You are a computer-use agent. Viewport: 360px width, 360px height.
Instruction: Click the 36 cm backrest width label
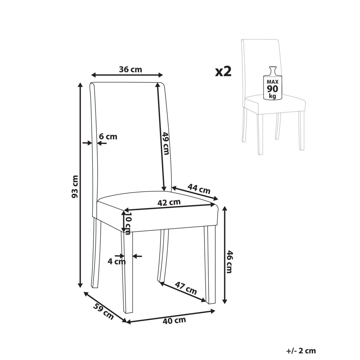point(130,70)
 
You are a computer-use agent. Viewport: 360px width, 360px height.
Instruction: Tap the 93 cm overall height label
point(75,187)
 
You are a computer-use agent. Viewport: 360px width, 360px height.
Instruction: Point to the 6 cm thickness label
point(108,137)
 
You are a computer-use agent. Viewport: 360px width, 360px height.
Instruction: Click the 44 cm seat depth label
point(199,189)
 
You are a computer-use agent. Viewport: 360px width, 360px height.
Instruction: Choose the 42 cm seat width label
point(169,202)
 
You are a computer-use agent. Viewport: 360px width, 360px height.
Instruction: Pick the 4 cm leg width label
point(117,262)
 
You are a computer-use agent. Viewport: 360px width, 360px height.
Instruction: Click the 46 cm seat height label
point(229,262)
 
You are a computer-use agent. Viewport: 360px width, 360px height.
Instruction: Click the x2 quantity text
point(223,72)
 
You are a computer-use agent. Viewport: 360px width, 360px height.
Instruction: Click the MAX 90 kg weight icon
point(272,83)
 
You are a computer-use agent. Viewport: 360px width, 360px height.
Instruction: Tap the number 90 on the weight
point(272,89)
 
